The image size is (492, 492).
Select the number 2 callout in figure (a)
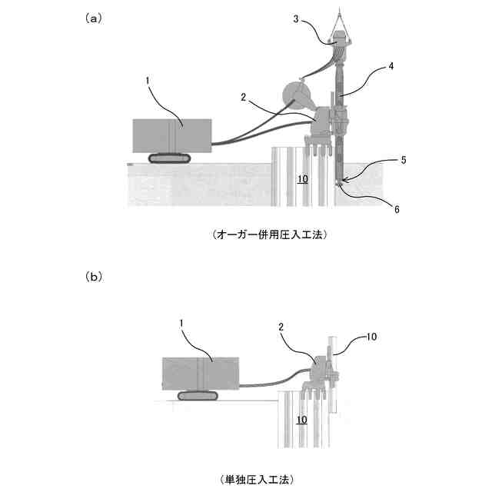pyautogui.click(x=243, y=97)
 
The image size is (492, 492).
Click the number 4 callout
pyautogui.click(x=391, y=67)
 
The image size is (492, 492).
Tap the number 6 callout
pyautogui.click(x=397, y=208)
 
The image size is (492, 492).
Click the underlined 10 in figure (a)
pyautogui.click(x=302, y=179)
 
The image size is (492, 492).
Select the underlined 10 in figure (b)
pyautogui.click(x=302, y=420)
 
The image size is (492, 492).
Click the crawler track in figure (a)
pyautogui.click(x=169, y=159)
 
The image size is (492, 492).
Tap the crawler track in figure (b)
pyautogui.click(x=198, y=396)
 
